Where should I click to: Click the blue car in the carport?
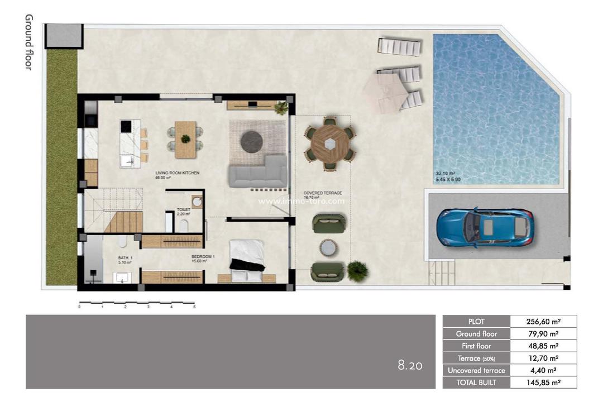coord(485,227)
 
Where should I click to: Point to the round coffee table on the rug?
coord(252,141)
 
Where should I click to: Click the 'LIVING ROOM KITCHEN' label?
coord(177,173)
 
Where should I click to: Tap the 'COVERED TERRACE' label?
coord(323,193)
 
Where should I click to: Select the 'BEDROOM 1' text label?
coord(203,257)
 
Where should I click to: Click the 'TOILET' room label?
coord(184,210)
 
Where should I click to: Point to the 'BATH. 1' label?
coord(125,258)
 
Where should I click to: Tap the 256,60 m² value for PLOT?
coord(543,322)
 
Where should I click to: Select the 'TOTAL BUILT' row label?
coord(476,382)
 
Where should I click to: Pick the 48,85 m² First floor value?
coord(543,346)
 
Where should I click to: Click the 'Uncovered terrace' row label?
coord(476,370)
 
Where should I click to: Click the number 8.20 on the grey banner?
coord(410,366)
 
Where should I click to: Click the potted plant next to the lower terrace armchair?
coord(357,271)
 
